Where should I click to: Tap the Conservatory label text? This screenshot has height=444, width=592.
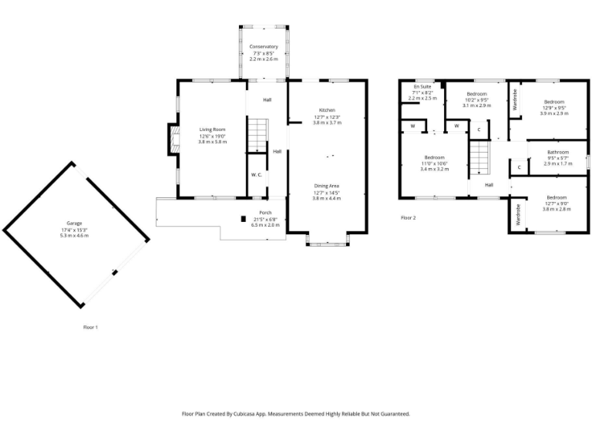tap(264, 47)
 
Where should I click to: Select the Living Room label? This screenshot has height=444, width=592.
tap(212, 129)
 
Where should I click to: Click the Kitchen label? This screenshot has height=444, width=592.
tap(327, 109)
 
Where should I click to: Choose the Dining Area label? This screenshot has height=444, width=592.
tap(327, 186)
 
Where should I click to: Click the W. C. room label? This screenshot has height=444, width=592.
tap(257, 175)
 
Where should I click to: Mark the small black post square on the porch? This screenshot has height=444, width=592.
tap(243, 218)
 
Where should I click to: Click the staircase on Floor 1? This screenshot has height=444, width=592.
tap(257, 134)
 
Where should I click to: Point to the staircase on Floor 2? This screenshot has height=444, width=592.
tap(479, 161)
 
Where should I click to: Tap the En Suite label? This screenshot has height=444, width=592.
tap(422, 87)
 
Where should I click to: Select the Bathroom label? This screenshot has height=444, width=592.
tap(558, 152)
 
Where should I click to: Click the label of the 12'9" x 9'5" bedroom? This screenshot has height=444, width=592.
tap(554, 102)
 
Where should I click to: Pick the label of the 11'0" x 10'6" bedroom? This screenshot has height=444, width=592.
tap(435, 157)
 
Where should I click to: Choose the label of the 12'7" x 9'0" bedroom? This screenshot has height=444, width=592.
tap(556, 197)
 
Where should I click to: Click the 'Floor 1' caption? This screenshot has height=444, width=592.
tap(90, 328)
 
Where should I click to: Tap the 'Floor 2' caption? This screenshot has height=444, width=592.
tap(408, 218)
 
